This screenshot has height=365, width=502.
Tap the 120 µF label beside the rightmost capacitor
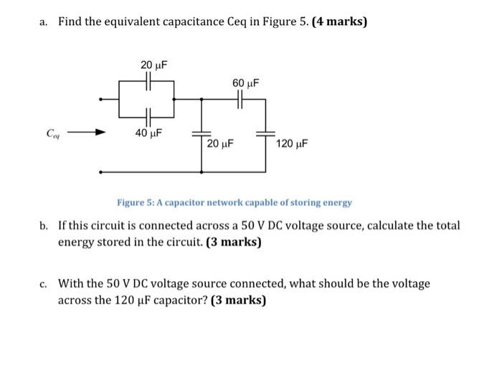tap(292, 143)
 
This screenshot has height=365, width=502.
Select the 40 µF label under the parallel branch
tap(149, 133)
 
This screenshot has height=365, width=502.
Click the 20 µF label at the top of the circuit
tap(153, 65)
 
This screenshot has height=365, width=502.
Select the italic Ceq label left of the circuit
tap(53, 133)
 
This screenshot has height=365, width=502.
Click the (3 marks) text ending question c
tap(238, 300)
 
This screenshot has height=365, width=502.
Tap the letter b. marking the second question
tap(44, 225)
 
